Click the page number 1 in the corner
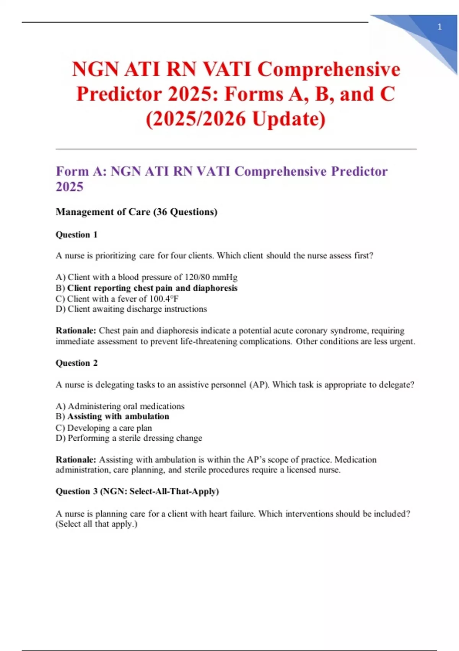(439, 27)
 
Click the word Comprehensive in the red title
(329, 69)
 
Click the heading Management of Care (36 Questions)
(137, 212)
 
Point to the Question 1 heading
(76, 234)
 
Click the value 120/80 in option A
(197, 277)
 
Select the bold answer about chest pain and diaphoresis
(152, 288)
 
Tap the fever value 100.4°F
(164, 299)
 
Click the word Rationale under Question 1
(76, 330)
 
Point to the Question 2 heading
(76, 363)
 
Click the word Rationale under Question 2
(76, 460)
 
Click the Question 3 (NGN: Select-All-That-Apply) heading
(137, 491)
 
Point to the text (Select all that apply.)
(96, 524)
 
